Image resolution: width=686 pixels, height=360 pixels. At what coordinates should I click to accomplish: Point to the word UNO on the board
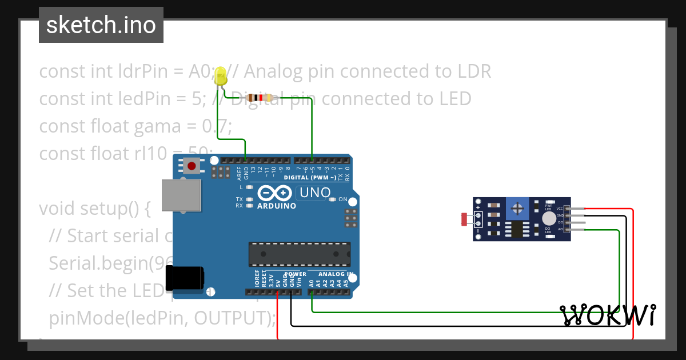click(315, 193)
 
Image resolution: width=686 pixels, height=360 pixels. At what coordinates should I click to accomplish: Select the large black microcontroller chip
click(300, 254)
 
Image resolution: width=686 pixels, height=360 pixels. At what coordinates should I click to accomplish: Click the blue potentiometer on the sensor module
click(517, 209)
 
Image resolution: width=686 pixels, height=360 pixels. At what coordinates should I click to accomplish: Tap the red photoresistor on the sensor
click(464, 218)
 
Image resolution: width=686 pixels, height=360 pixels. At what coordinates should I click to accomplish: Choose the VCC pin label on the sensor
click(560, 209)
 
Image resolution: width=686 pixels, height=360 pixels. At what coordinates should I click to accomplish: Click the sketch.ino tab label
click(101, 25)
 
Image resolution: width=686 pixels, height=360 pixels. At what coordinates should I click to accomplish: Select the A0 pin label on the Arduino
click(312, 282)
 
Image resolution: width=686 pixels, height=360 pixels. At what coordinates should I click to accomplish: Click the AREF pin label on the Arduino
click(240, 173)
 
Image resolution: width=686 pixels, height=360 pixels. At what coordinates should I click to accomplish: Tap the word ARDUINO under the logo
click(277, 206)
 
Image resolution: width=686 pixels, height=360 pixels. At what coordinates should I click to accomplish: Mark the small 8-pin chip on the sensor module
click(517, 229)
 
